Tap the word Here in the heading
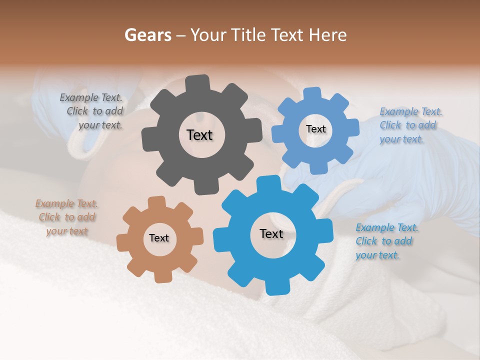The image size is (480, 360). (x=328, y=35)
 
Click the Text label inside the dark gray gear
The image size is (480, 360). (x=199, y=135)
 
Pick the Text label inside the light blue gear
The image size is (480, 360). (x=315, y=129)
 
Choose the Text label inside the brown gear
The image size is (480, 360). (x=159, y=238)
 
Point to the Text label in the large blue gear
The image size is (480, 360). (x=271, y=234)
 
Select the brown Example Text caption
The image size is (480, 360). (x=67, y=217)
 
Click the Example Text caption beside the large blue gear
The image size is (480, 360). (x=386, y=241)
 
